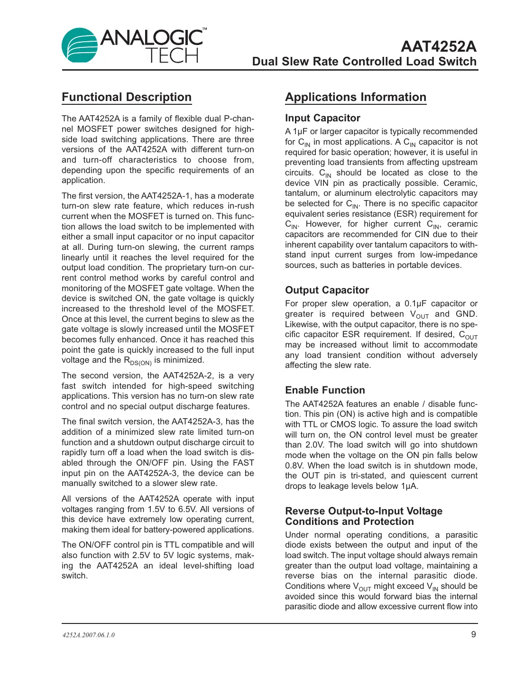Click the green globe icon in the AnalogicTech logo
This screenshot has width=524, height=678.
click(80, 46)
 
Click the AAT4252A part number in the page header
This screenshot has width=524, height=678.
click(438, 46)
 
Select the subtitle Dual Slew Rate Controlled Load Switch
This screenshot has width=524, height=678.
click(364, 62)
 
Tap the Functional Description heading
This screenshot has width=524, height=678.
click(127, 97)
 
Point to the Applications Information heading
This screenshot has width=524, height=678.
click(356, 97)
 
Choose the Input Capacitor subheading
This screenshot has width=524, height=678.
click(322, 118)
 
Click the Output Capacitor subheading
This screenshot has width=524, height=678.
click(327, 290)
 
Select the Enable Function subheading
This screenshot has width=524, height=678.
click(325, 390)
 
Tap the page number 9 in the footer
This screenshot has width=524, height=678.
click(473, 634)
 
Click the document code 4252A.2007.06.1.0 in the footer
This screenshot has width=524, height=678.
click(89, 635)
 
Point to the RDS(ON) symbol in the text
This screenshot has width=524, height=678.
click(138, 361)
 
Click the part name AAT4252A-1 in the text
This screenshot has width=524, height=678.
click(166, 196)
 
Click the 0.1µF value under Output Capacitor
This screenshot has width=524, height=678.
click(415, 303)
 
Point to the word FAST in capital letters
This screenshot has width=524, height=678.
click(243, 463)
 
